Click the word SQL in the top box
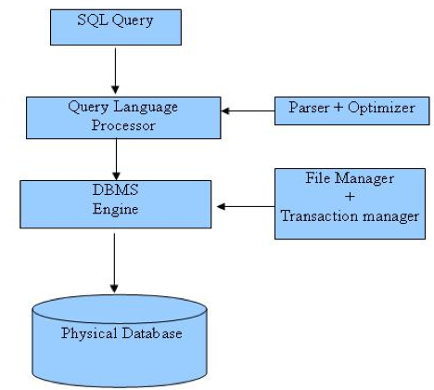point(93,19)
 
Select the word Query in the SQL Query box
point(133,21)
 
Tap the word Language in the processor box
point(146,108)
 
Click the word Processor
point(123,125)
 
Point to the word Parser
point(309,108)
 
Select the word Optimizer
point(381,108)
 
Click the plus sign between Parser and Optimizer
point(338,107)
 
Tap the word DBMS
point(115,189)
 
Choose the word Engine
point(115,209)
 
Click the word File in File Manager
point(318,177)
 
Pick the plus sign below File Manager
point(350,196)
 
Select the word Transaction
point(320,215)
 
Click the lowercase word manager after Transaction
point(390,217)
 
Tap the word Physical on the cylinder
point(89,334)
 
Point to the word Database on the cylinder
point(152,333)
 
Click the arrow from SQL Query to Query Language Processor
point(115,71)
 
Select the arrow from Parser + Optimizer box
point(248,110)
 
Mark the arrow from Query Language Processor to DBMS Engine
point(116,160)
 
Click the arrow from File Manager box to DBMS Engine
point(246,206)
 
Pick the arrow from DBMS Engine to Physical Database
point(114,263)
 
